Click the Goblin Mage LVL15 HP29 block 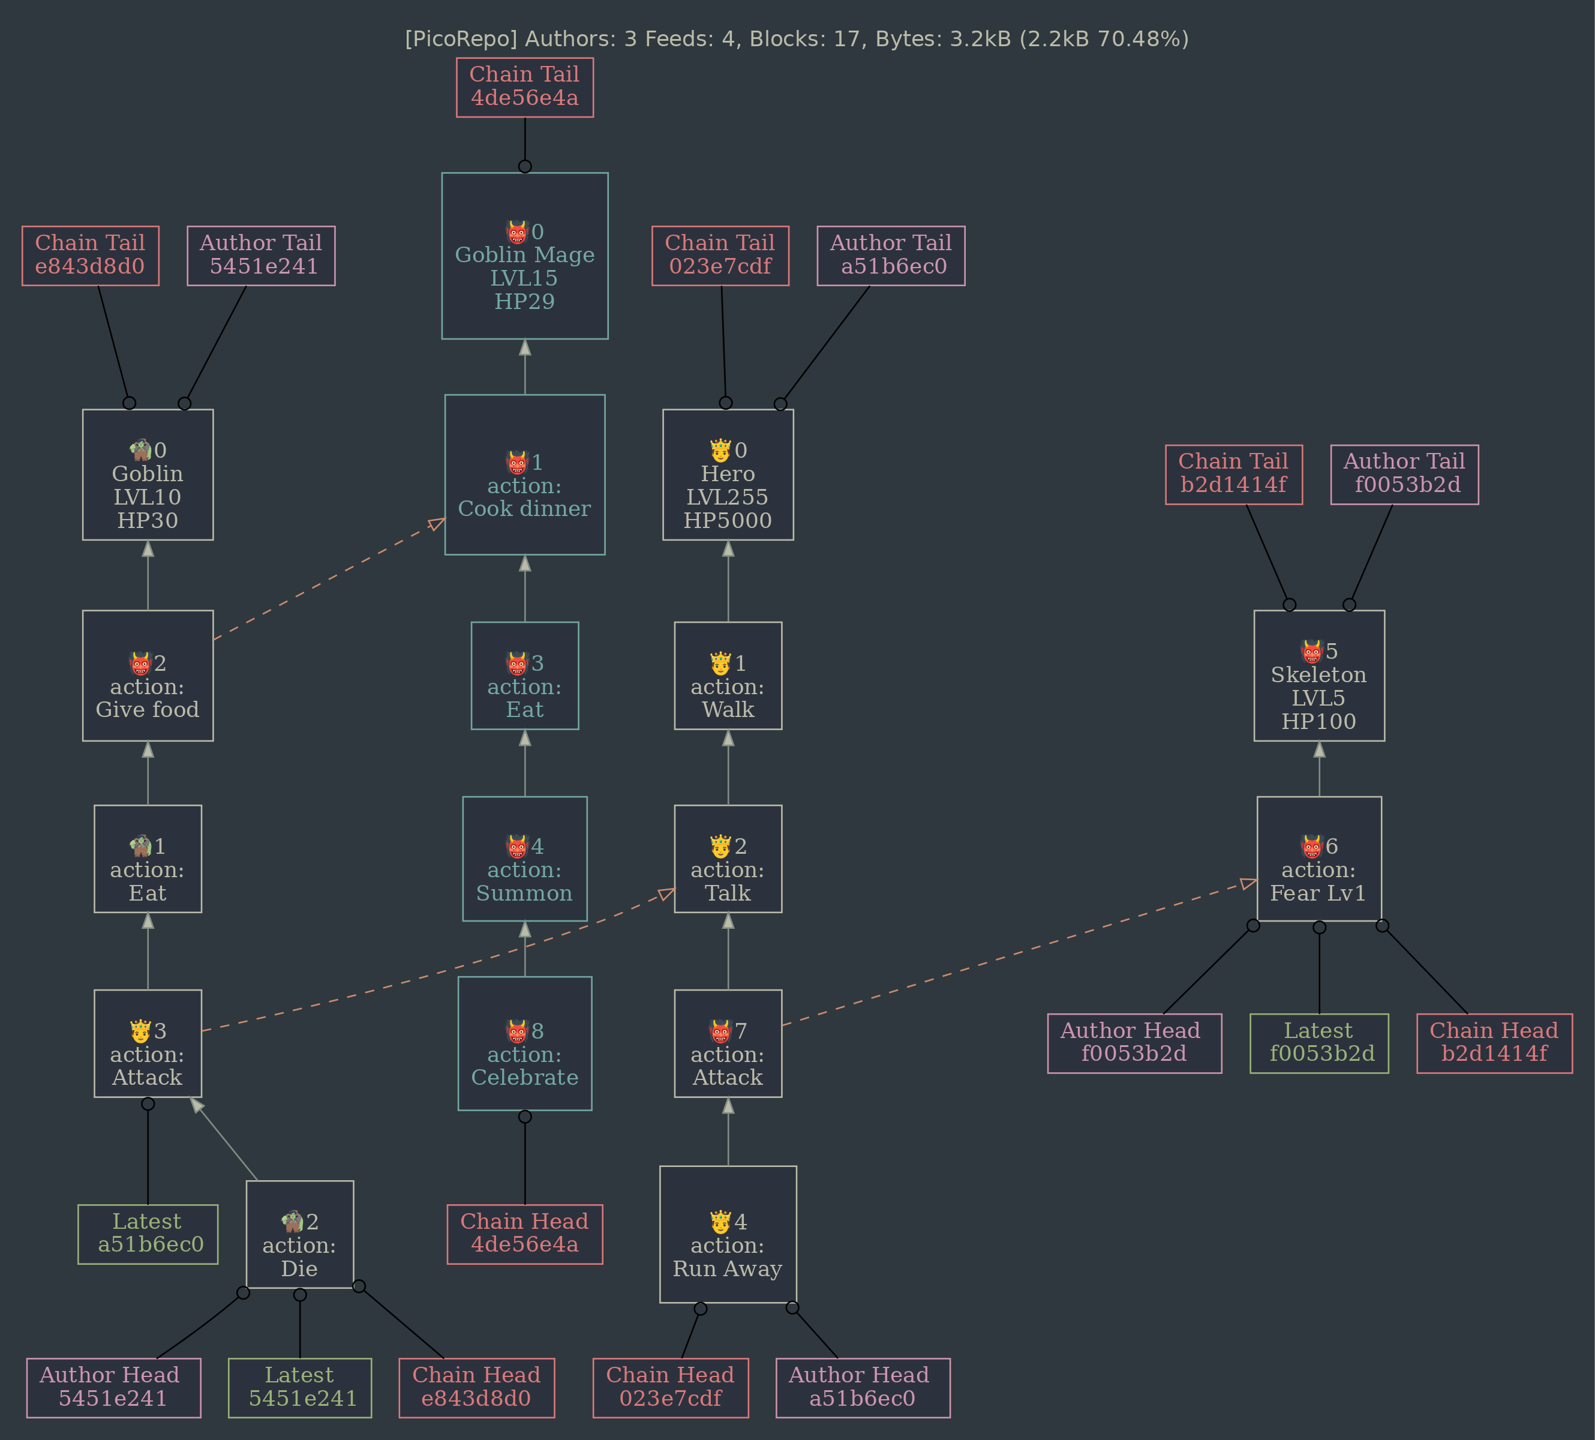[x=524, y=256]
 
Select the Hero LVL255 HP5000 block [x=728, y=475]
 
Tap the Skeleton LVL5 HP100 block [x=1319, y=676]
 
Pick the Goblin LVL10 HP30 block [x=148, y=475]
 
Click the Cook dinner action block [x=524, y=475]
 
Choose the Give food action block [x=148, y=676]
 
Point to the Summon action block [x=524, y=859]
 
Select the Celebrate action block [x=524, y=1043]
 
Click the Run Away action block [x=728, y=1234]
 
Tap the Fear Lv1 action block [x=1319, y=859]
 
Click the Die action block [x=300, y=1234]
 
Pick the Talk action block [x=728, y=859]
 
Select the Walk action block [x=728, y=676]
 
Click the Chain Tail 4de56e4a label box [x=524, y=87]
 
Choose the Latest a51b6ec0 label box [x=148, y=1234]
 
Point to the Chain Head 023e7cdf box [x=671, y=1388]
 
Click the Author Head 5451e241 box [x=113, y=1388]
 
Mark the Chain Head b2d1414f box [x=1494, y=1043]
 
